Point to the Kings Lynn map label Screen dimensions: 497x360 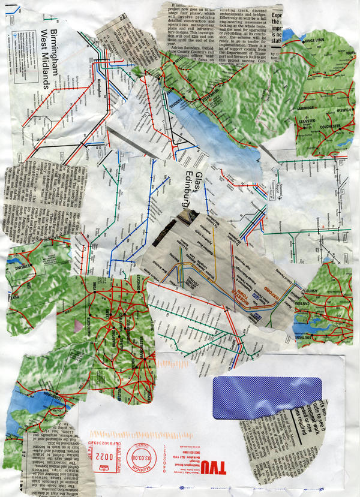[x=318, y=41]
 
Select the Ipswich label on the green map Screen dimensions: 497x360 [x=336, y=111]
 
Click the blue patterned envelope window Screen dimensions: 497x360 [x=267, y=397]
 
